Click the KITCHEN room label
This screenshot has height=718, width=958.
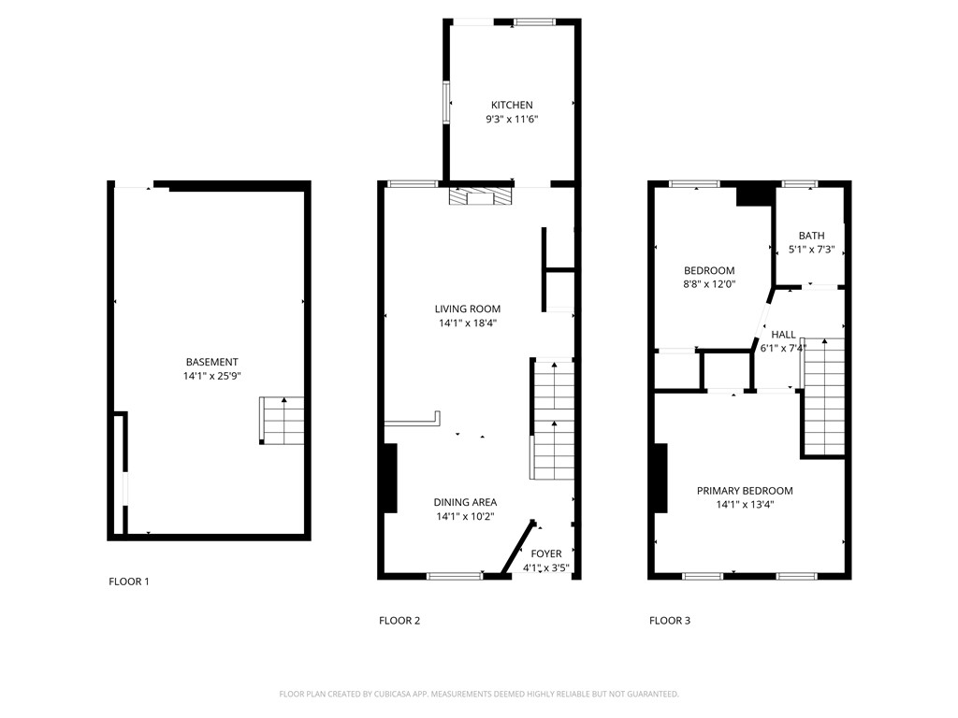coord(512,106)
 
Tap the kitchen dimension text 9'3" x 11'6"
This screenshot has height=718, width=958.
coord(512,120)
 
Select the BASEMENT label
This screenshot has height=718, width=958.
coord(211,363)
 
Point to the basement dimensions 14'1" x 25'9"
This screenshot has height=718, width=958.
coord(211,377)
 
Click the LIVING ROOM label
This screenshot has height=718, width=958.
coord(467,309)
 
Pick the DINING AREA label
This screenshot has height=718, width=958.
coord(465,502)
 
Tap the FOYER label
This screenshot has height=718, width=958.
coord(546,554)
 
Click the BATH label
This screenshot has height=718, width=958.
coord(811,236)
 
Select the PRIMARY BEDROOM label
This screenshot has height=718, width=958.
coord(745,491)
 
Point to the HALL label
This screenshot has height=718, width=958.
coord(783,335)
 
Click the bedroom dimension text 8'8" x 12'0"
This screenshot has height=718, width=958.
coord(709,285)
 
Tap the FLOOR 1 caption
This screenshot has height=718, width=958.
coord(129,582)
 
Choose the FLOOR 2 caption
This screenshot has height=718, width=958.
coord(399,621)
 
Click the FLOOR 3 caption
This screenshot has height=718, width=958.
coord(670,621)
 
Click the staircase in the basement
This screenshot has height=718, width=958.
coord(283,421)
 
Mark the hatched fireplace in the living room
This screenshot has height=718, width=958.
coord(481,196)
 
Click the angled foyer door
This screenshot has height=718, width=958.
coord(517,547)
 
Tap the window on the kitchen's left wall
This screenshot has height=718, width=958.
coord(446,102)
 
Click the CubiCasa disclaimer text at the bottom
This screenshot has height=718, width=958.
coord(479,694)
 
